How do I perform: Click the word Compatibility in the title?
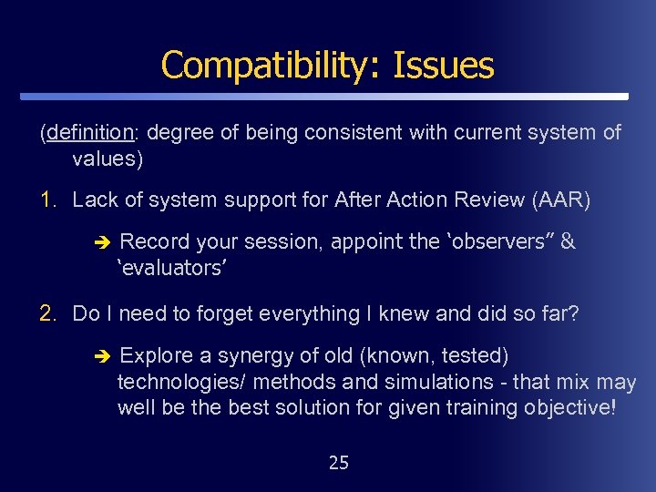tap(272, 66)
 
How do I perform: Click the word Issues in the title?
tap(444, 66)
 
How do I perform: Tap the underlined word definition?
tap(89, 133)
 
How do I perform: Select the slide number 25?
tap(338, 463)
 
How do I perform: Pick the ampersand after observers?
tap(569, 241)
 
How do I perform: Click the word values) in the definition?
tap(108, 159)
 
